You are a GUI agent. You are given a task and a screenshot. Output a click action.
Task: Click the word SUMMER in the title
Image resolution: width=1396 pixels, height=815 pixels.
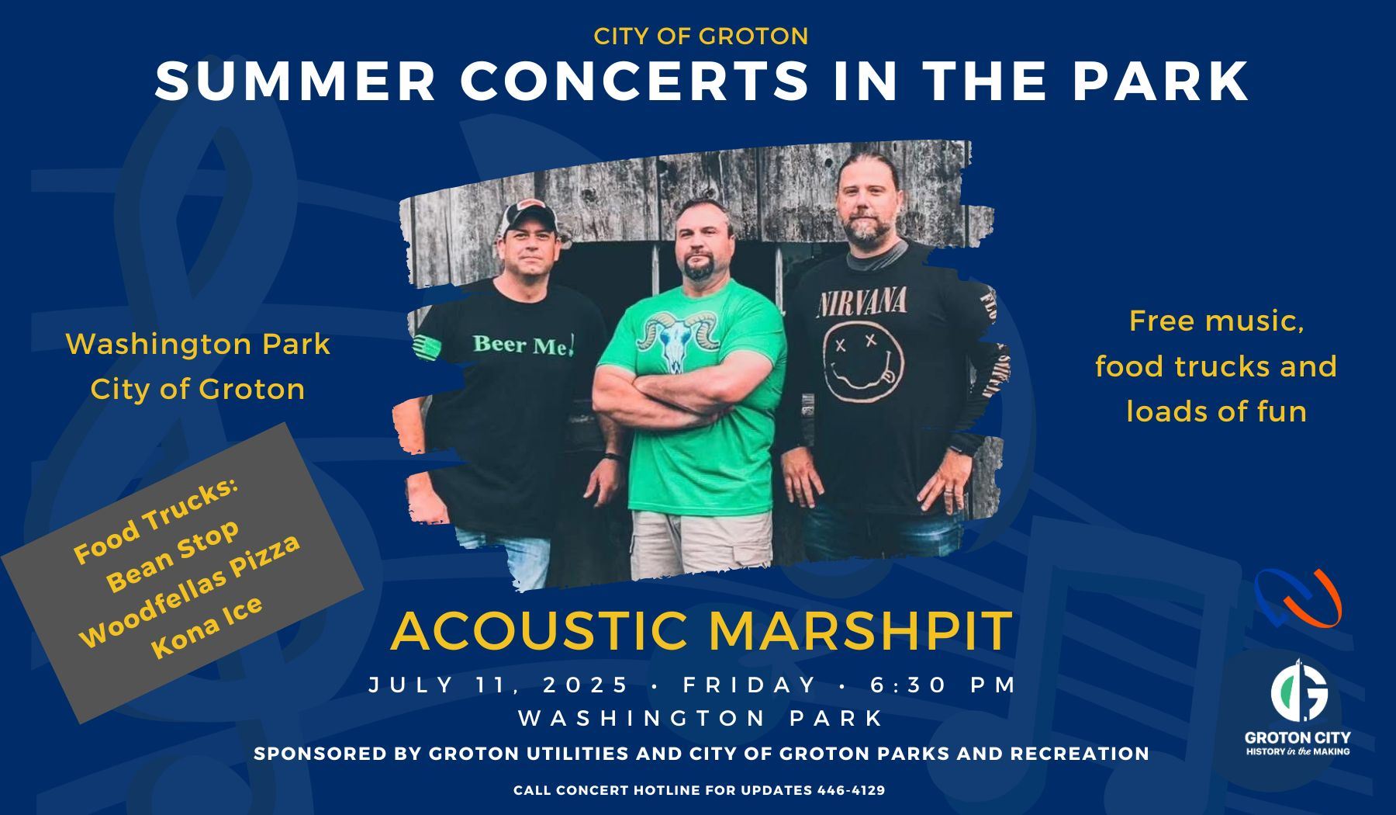pos(295,81)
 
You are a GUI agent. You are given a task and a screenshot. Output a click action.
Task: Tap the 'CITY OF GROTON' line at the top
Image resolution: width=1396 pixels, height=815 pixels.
pos(701,36)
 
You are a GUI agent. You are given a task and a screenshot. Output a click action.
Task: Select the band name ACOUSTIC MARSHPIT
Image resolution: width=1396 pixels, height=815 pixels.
pos(702,630)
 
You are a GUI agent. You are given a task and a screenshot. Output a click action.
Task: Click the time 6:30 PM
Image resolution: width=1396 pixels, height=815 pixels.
pos(943,685)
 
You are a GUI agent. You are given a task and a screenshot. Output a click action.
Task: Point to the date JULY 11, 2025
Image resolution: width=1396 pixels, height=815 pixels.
pos(499,685)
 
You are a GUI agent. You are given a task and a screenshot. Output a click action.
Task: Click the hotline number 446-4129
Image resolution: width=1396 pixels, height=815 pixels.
pos(851,790)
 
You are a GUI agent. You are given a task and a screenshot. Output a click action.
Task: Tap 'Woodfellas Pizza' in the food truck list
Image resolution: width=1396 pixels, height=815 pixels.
pos(190,590)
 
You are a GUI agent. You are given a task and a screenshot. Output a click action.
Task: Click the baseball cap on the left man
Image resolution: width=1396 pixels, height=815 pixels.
pos(530,215)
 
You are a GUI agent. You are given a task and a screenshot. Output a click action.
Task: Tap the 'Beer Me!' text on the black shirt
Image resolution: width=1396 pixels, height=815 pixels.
pos(523,344)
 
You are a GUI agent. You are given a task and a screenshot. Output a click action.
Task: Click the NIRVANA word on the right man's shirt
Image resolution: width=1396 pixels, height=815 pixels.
pos(861,302)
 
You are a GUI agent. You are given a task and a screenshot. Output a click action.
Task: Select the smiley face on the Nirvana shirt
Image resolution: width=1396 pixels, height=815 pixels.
pos(862,362)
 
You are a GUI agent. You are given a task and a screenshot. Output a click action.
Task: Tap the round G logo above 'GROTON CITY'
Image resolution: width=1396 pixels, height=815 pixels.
pos(1298,690)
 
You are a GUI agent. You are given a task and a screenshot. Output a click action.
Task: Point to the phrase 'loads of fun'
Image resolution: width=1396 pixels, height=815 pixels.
pos(1216,411)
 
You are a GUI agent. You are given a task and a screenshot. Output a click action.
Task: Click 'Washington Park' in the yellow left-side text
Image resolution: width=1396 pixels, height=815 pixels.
pos(198,344)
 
